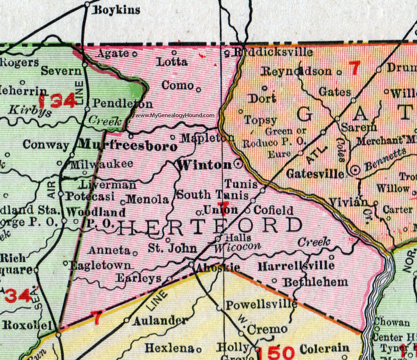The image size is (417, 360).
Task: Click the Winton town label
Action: click(204, 164)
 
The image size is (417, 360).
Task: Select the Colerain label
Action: click(325, 348)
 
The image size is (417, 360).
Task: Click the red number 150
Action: click(276, 352)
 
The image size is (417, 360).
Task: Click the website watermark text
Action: click(175, 115)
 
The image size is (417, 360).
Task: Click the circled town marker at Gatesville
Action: click(355, 169)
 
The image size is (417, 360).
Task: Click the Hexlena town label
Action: click(169, 348)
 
